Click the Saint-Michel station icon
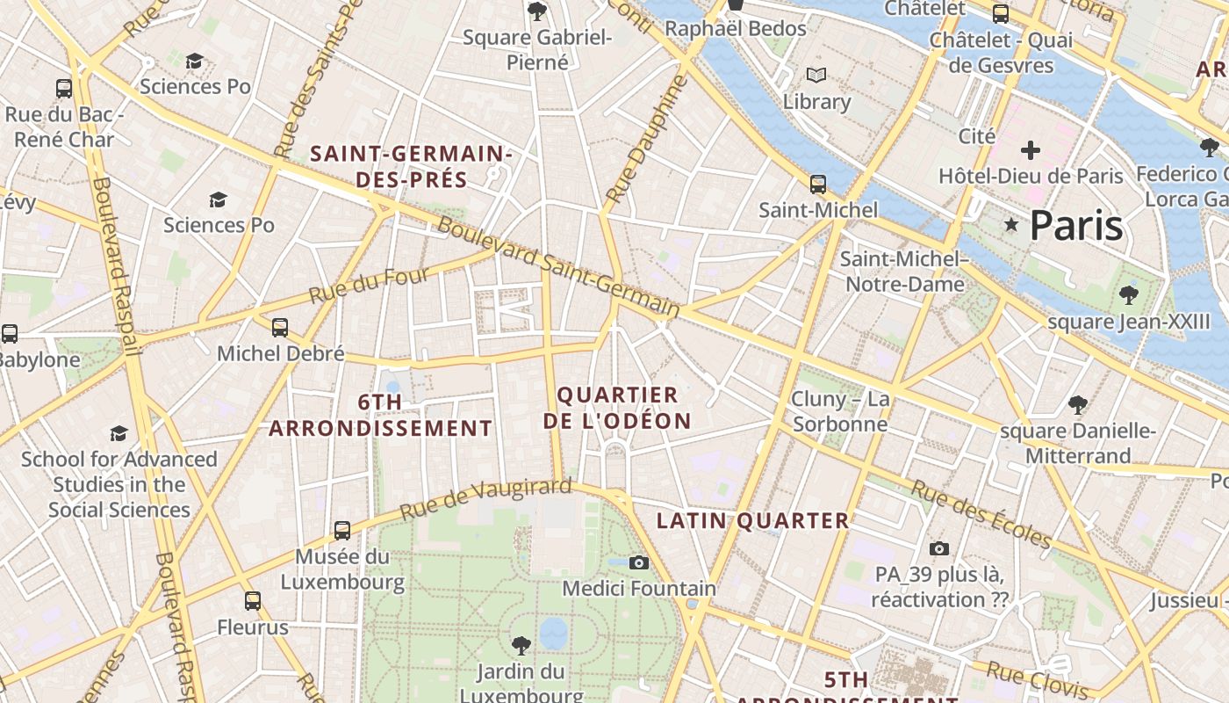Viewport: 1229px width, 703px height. tap(818, 185)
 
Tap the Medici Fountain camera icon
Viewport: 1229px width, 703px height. tap(639, 562)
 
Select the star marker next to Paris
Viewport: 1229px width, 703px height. tap(1011, 225)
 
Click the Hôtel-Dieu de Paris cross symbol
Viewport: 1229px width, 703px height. tap(1031, 150)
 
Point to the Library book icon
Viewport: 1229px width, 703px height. tap(816, 76)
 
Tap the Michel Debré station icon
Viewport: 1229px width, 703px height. tap(280, 328)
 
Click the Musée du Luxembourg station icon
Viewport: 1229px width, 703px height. tap(342, 531)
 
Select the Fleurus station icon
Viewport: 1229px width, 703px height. tap(253, 601)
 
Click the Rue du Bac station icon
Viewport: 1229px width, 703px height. tap(64, 88)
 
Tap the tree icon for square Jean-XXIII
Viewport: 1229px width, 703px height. tap(1129, 295)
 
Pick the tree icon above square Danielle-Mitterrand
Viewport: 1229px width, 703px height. tap(1078, 405)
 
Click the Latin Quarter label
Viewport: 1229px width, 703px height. tap(752, 520)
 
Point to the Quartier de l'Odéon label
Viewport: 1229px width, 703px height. tap(617, 408)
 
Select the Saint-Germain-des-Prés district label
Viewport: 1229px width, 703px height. tap(411, 166)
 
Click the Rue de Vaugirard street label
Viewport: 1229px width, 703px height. tap(485, 498)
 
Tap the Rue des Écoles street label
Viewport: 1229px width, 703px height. tap(980, 512)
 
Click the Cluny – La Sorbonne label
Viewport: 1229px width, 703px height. tap(840, 411)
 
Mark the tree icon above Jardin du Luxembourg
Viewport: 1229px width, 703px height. tap(521, 646)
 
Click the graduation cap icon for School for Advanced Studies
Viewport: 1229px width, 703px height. tap(119, 433)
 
